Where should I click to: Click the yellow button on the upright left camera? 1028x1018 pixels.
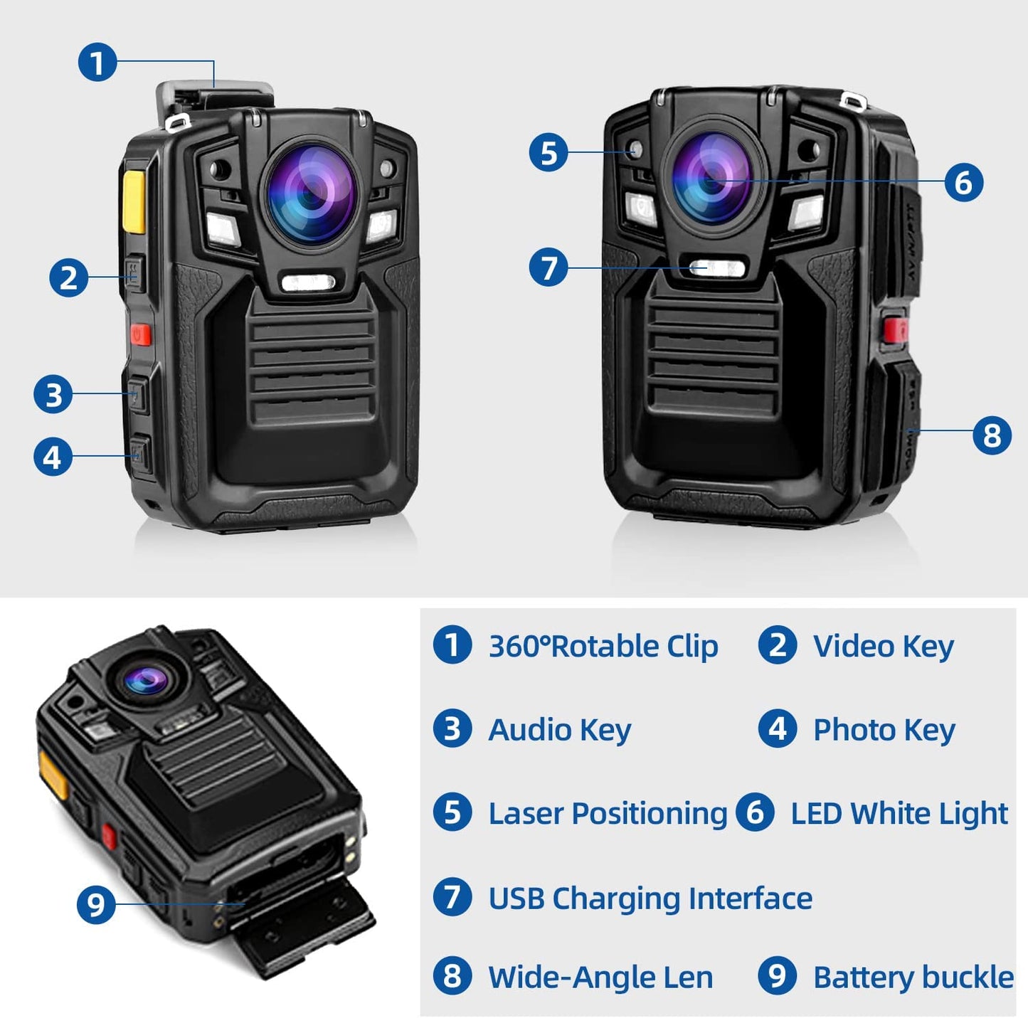point(134,201)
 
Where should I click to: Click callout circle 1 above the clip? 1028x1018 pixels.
point(97,62)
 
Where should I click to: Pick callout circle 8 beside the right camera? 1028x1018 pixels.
point(992,435)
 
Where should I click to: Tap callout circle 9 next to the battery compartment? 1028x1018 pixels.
point(96,904)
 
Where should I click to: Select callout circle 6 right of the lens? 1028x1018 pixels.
point(963,182)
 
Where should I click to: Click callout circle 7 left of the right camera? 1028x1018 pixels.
point(549,267)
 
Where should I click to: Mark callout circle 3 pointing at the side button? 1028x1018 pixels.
point(53,394)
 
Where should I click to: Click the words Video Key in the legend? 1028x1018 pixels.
point(883,647)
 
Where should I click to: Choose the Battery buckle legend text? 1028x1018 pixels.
point(913,977)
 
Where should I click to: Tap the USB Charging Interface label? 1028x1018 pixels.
point(650,898)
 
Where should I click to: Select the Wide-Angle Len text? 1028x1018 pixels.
point(600,977)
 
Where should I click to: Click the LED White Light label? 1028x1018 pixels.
point(899,813)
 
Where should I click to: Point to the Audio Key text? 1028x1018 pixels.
point(559,730)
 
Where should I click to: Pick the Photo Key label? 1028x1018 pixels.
point(884,730)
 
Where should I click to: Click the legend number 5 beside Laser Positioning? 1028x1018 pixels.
point(452,812)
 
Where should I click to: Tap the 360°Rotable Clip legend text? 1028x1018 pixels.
point(603,647)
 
